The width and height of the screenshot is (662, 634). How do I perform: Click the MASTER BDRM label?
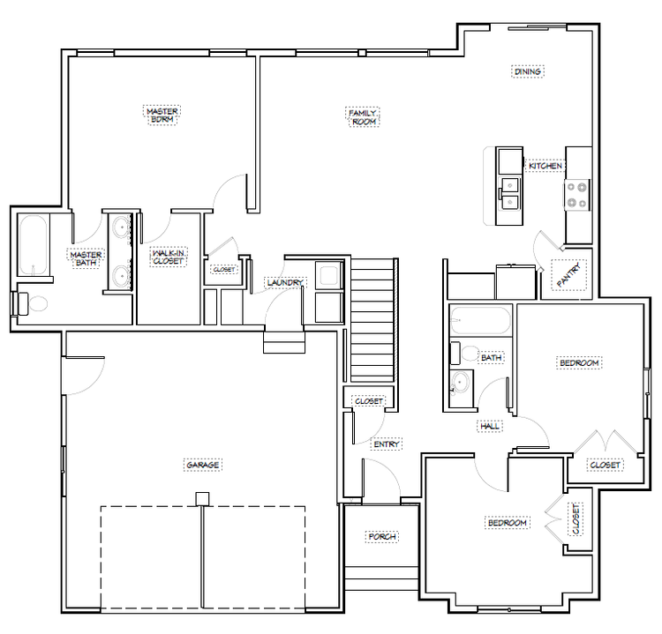(162, 116)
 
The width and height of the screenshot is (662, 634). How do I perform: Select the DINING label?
(528, 71)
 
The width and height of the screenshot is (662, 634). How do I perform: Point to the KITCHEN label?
(545, 166)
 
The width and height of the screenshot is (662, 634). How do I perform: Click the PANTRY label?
(568, 275)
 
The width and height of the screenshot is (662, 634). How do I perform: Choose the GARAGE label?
(203, 465)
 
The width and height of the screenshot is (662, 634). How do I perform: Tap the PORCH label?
(382, 536)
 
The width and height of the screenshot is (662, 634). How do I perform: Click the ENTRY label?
(387, 444)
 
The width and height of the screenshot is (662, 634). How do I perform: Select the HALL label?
(490, 426)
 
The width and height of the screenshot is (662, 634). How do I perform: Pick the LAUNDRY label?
(285, 282)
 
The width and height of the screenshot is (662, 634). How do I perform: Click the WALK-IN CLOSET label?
(168, 257)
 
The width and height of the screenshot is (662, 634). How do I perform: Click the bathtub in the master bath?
(33, 245)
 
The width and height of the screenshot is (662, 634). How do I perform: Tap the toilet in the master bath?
(31, 303)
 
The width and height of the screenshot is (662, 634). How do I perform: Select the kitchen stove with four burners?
(576, 195)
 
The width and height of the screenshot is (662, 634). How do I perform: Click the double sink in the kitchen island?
(510, 194)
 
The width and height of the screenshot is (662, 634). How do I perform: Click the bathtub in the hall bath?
(480, 320)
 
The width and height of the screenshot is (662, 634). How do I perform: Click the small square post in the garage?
(203, 499)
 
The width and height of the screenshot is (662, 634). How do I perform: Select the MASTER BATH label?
(86, 258)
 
